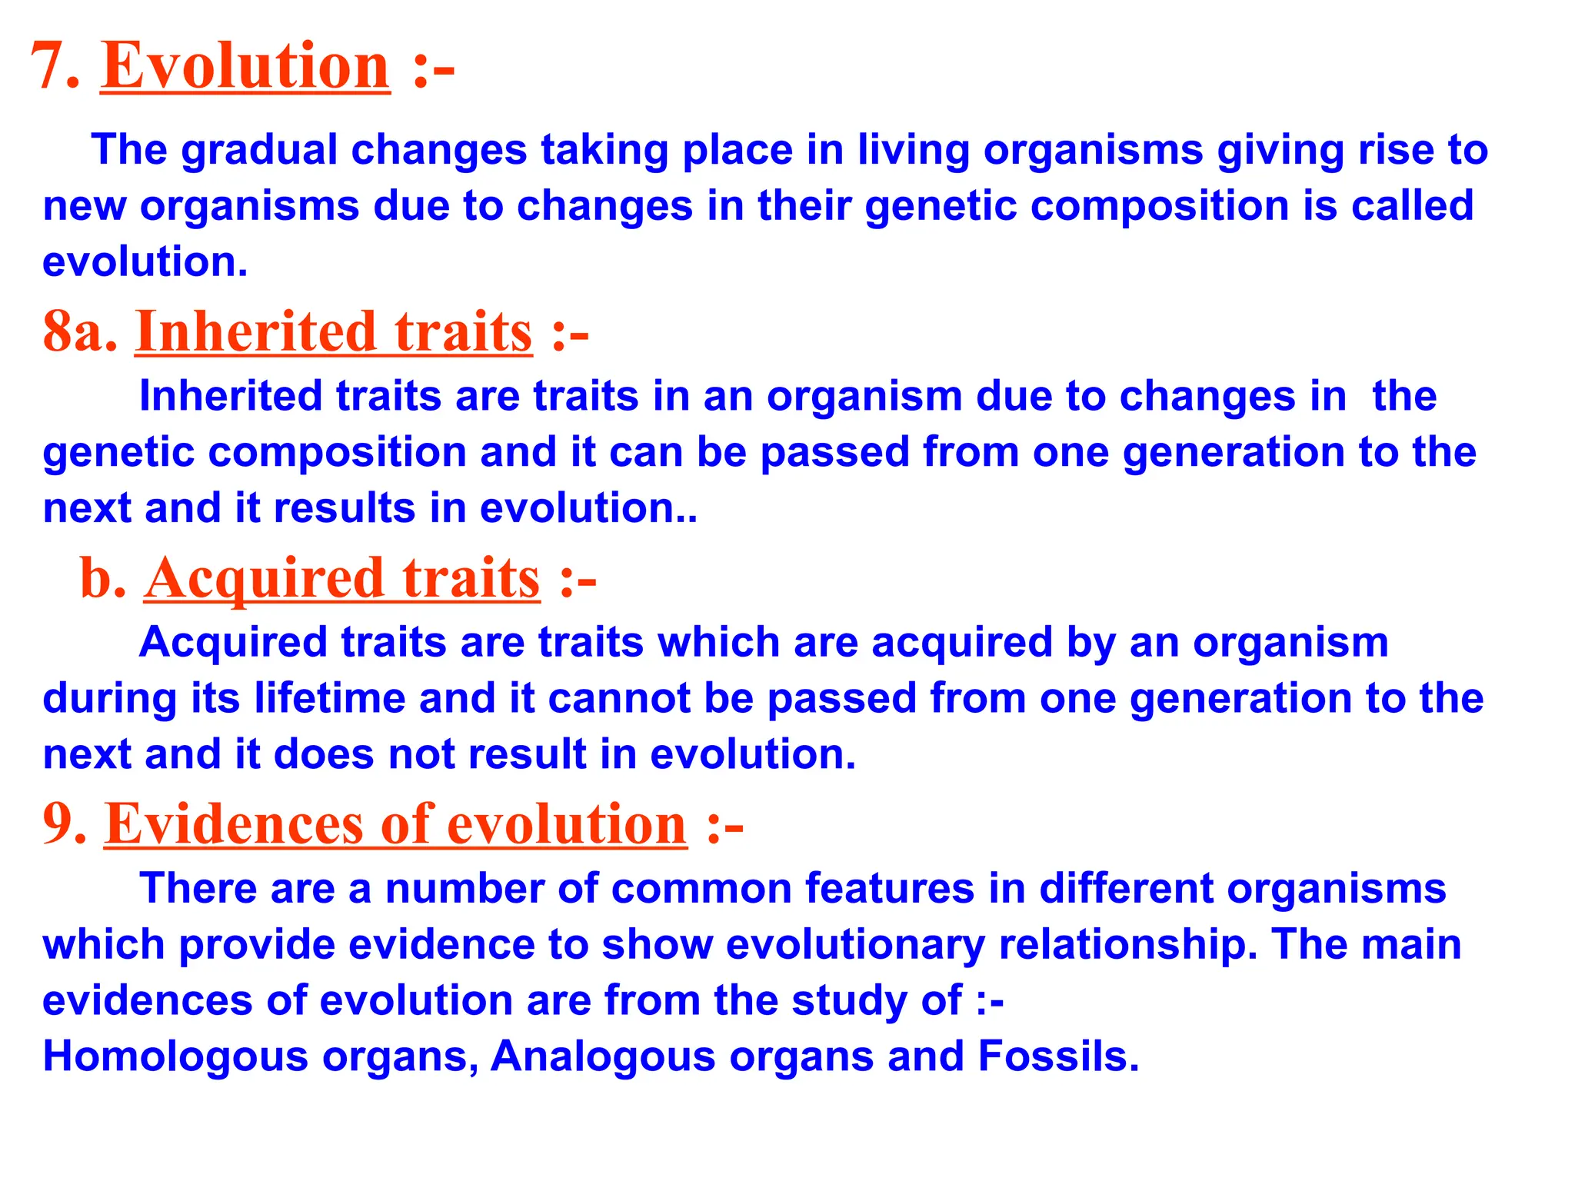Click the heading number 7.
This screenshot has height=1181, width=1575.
pyautogui.click(x=54, y=67)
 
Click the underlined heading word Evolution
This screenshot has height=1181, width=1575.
pyautogui.click(x=245, y=67)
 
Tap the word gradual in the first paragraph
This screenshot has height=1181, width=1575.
pyautogui.click(x=260, y=150)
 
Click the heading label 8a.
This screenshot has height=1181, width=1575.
pyautogui.click(x=80, y=332)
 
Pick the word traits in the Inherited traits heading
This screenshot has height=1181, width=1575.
pyautogui.click(x=463, y=332)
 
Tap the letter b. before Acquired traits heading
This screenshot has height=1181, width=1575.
pyautogui.click(x=103, y=578)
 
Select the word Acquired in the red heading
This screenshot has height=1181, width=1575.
pyautogui.click(x=264, y=578)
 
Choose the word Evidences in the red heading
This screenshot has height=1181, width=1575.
pyautogui.click(x=233, y=824)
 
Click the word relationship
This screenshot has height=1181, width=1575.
pyautogui.click(x=1127, y=945)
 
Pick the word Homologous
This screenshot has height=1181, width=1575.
pyautogui.click(x=175, y=1056)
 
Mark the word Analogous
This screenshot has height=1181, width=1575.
pyautogui.click(x=603, y=1056)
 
